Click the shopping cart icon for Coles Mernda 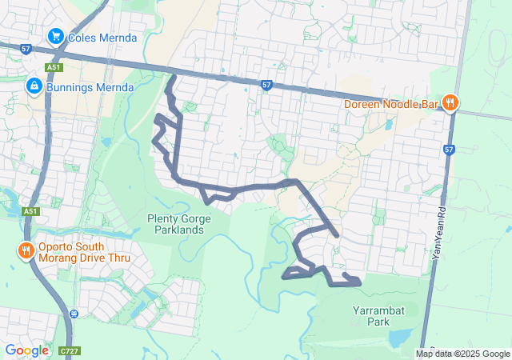[55, 37]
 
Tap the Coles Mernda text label [102, 38]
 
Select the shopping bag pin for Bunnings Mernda [34, 85]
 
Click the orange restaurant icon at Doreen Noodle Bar [450, 102]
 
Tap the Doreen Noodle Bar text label [392, 103]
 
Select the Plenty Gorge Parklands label [176, 224]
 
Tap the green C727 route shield [70, 350]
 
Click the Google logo [26, 350]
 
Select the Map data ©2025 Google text [462, 354]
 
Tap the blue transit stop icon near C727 [74, 314]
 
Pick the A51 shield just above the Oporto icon [30, 211]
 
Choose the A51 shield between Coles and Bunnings [54, 69]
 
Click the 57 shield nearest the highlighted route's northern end [266, 84]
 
